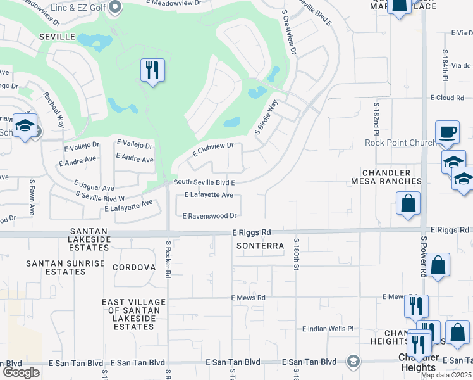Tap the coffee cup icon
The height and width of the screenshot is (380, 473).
448,132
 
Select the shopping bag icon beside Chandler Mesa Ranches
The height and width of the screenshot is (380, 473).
408,204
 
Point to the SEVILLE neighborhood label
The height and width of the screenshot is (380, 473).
57,37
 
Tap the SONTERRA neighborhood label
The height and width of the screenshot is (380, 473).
257,245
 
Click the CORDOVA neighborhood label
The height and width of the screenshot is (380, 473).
134,267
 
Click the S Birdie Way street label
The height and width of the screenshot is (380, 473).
266,118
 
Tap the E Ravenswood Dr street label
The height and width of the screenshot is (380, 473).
209,216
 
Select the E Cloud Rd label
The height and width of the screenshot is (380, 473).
447,98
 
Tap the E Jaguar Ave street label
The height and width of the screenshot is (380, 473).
94,186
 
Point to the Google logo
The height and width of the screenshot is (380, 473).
21,372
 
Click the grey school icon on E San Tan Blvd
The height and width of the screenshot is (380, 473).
353,362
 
